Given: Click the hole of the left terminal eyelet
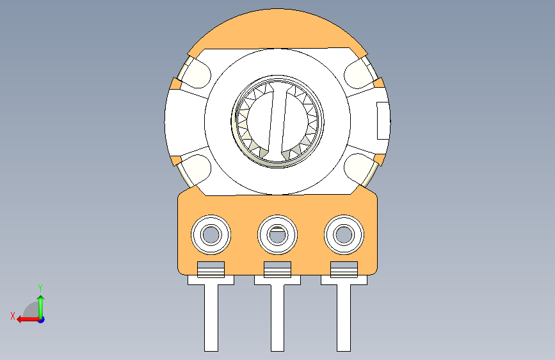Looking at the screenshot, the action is (211, 234).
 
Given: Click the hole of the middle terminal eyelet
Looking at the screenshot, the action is (278, 234).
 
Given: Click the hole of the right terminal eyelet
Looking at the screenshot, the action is (344, 234).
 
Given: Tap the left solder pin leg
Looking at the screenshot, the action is (211, 318).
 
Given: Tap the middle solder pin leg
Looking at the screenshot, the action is (278, 318).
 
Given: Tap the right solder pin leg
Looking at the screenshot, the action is (344, 318).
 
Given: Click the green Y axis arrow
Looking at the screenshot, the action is (41, 307).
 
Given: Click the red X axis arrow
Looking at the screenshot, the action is (28, 320).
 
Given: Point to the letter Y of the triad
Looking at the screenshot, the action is (40, 288).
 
